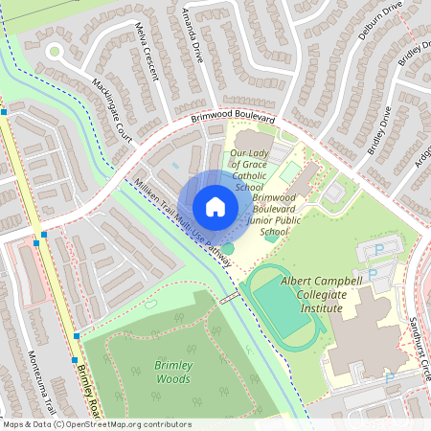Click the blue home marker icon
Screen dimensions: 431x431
[215, 207]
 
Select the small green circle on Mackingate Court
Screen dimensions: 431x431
[55, 51]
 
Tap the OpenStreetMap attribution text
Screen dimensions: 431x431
[96, 424]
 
